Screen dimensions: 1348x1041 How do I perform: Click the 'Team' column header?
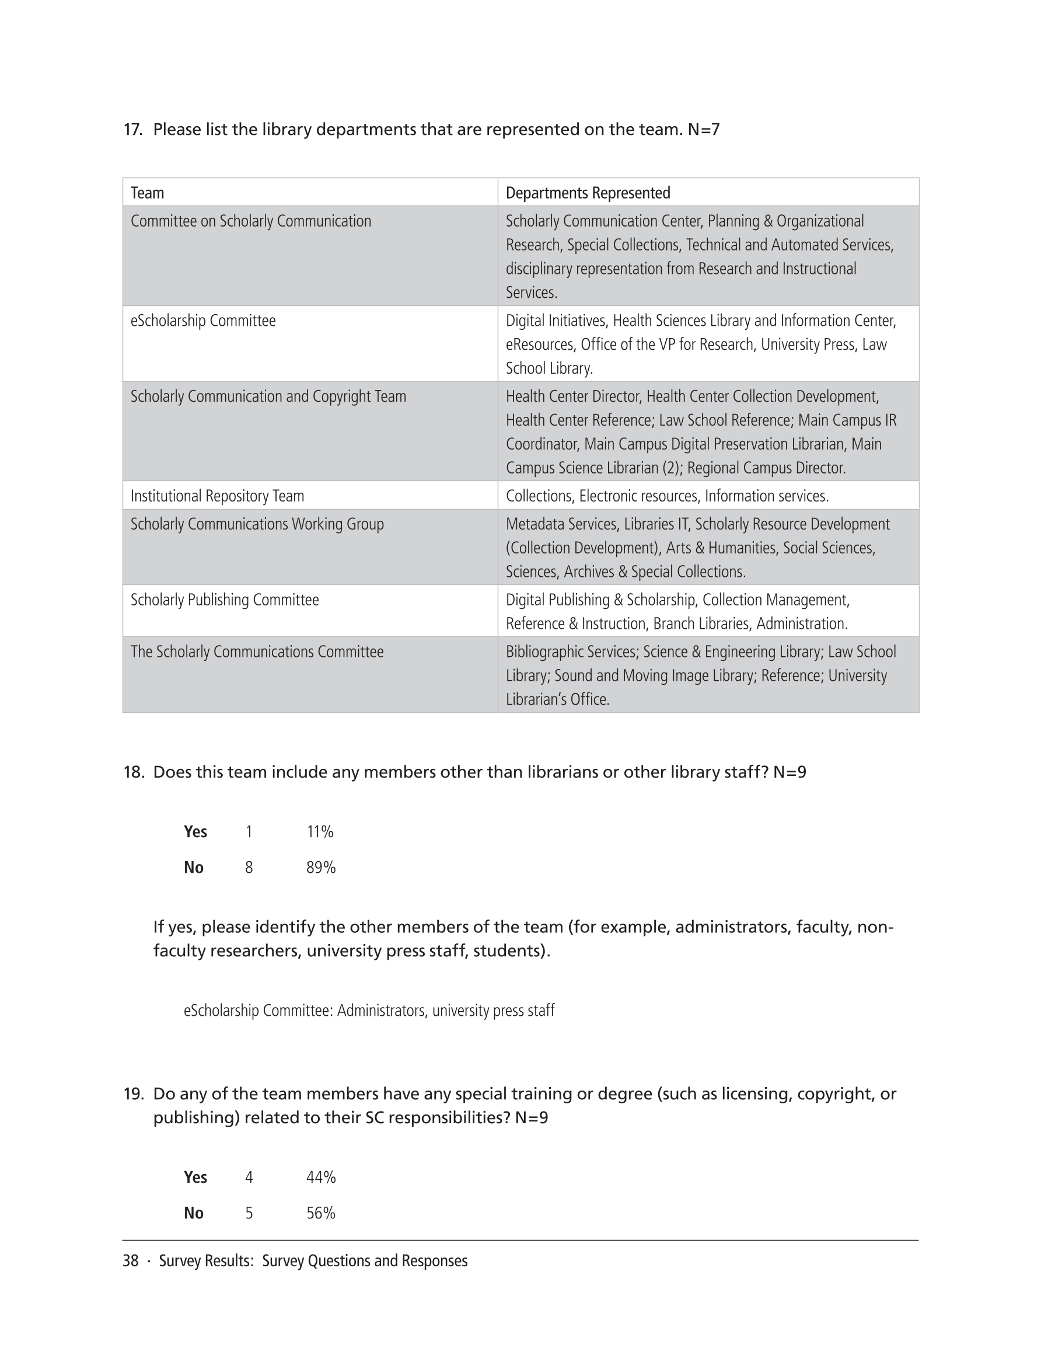tap(148, 193)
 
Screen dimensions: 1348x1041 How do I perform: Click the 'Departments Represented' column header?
tap(588, 193)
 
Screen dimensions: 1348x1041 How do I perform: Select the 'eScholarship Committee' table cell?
tap(203, 321)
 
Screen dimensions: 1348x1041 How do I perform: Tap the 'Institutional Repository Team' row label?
tap(217, 496)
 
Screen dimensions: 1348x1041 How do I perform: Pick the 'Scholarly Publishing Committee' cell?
tap(225, 600)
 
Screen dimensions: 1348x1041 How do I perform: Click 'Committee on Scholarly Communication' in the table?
tap(250, 222)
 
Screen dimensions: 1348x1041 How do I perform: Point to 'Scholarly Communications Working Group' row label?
tap(257, 524)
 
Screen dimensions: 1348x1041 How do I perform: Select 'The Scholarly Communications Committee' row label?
tap(257, 652)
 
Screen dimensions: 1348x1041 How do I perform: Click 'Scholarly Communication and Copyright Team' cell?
tap(268, 396)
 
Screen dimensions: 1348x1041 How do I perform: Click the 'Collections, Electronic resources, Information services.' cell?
tap(667, 496)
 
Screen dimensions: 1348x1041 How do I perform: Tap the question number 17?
tap(132, 130)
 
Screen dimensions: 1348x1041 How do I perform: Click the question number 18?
tap(133, 772)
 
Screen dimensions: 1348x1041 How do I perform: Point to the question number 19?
tap(133, 1093)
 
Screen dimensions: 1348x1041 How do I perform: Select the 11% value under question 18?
tap(320, 832)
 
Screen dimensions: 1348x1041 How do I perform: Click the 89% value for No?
tap(321, 868)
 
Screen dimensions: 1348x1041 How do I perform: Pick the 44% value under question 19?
tap(321, 1178)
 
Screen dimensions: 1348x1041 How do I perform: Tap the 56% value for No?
tap(321, 1214)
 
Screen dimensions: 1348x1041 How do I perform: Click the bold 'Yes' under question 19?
tap(195, 1178)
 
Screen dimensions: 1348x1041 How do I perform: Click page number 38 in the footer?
tap(130, 1261)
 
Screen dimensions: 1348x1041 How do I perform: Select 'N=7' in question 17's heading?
tap(704, 130)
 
